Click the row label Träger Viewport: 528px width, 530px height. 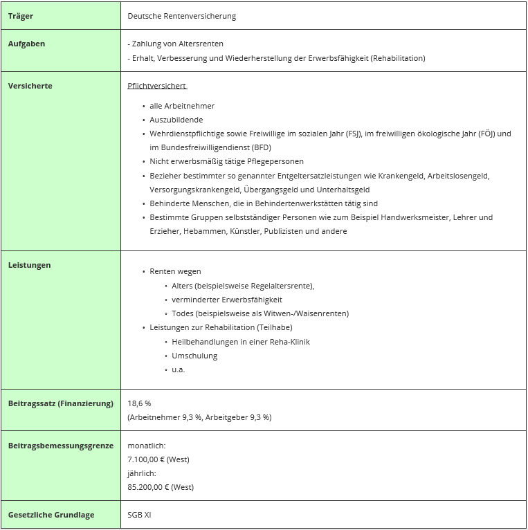click(x=21, y=16)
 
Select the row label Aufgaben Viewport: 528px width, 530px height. click(x=26, y=44)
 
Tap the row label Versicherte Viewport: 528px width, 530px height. click(x=30, y=86)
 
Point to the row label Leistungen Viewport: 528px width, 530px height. click(x=29, y=265)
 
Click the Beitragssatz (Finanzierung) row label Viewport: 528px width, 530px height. click(x=60, y=403)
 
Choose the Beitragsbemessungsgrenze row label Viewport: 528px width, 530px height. click(x=60, y=446)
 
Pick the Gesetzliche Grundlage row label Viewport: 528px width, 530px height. click(x=51, y=515)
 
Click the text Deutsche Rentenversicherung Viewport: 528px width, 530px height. click(x=181, y=16)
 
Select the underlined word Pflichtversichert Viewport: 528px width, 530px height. click(x=157, y=86)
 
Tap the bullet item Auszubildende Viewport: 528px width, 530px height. click(x=176, y=120)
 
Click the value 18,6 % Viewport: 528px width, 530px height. click(x=139, y=403)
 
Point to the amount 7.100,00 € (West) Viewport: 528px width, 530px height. click(x=158, y=459)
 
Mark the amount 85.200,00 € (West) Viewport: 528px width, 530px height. click(x=161, y=487)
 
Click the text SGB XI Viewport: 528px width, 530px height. click(x=139, y=515)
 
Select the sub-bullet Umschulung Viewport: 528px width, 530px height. click(x=194, y=356)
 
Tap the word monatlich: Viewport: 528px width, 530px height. click(x=146, y=446)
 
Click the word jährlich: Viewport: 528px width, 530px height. click(x=142, y=473)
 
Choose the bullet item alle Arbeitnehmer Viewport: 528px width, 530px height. click(x=182, y=106)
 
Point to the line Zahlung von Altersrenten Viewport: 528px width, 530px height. click(x=177, y=44)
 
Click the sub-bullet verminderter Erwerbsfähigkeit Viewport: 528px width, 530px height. click(x=227, y=300)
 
